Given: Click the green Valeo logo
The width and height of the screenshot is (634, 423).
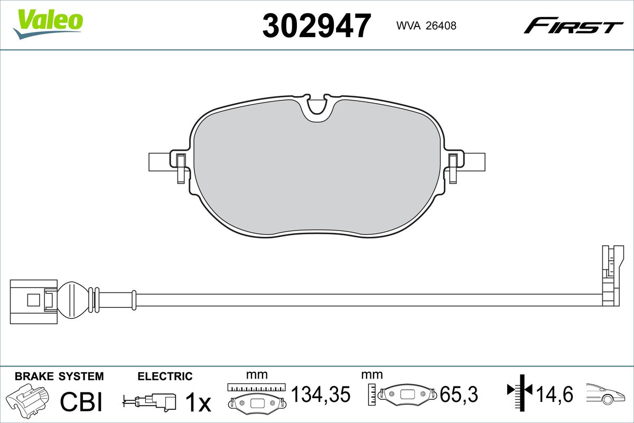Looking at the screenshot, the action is point(48,24).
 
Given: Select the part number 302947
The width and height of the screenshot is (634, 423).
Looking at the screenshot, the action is point(316,26).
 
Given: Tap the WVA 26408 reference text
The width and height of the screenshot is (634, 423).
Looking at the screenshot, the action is point(426,26).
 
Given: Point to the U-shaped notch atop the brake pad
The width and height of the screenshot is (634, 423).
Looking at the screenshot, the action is point(317,108).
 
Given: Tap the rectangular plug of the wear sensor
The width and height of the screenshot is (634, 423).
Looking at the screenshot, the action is point(33,302).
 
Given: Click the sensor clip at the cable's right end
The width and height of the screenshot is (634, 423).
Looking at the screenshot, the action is point(612,275).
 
